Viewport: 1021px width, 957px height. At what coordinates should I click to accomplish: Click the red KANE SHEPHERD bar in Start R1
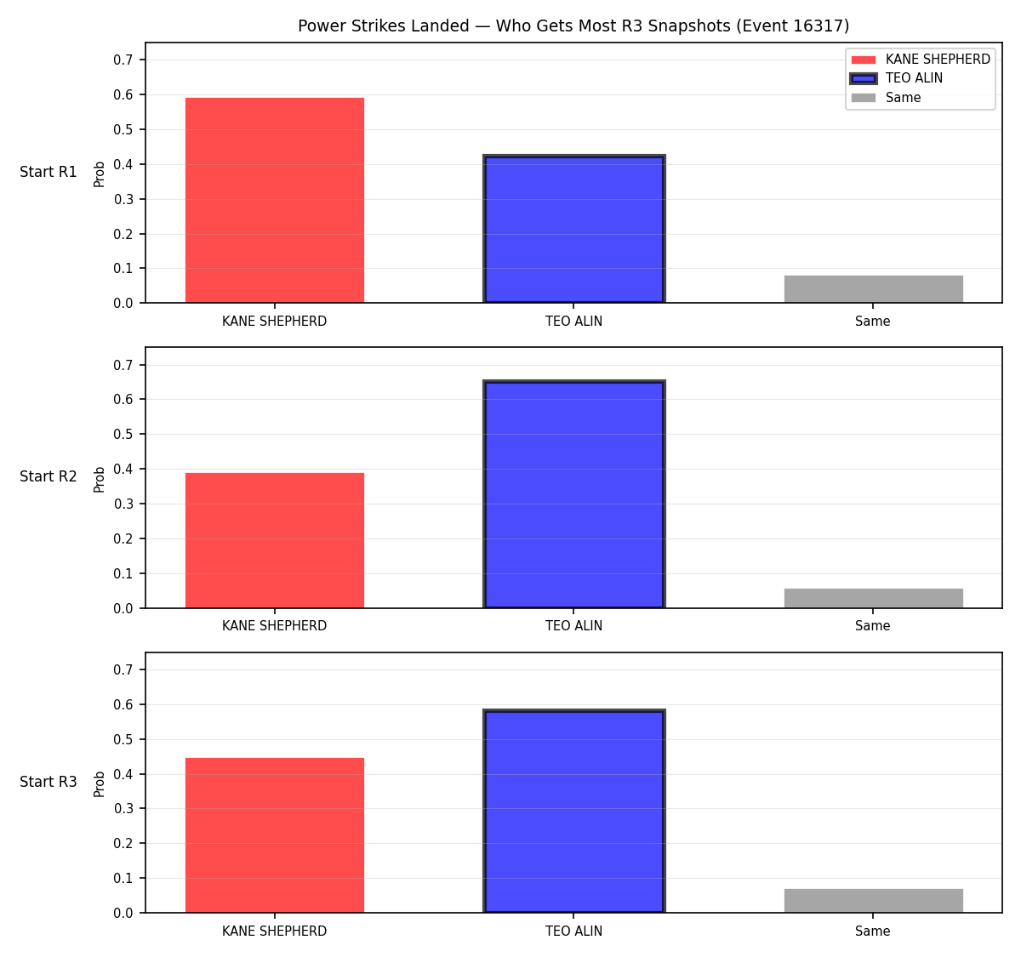click(275, 200)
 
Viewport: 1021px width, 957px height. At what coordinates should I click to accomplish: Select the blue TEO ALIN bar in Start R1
click(573, 228)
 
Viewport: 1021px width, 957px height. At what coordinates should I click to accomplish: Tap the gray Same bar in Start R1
click(873, 289)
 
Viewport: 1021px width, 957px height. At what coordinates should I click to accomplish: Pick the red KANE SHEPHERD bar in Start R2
click(275, 540)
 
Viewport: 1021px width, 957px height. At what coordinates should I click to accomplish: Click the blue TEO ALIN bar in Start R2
click(573, 493)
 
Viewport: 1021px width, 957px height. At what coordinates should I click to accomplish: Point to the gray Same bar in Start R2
click(873, 598)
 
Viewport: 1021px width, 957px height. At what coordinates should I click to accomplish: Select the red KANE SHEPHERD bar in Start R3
click(275, 835)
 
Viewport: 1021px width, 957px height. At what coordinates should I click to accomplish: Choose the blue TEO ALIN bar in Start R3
click(573, 811)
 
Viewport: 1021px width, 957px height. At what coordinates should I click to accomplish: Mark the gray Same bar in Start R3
click(873, 901)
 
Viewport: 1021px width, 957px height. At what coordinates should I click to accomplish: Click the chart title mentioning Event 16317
click(573, 26)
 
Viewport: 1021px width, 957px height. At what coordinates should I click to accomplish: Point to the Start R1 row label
click(48, 172)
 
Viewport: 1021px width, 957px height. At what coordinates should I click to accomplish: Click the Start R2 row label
click(48, 476)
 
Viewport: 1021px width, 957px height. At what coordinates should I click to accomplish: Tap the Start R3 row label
click(48, 782)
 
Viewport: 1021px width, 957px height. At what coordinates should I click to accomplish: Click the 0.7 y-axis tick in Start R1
click(123, 60)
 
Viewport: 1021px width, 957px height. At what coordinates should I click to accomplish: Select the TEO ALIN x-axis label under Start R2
click(573, 626)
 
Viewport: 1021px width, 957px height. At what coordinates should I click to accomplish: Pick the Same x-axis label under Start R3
click(872, 931)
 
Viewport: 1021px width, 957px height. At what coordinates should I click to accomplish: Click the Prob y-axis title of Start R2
click(100, 480)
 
